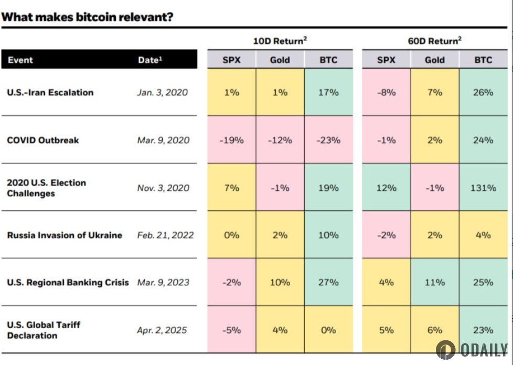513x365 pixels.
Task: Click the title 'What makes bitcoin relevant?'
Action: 87,17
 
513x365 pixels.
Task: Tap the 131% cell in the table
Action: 483,188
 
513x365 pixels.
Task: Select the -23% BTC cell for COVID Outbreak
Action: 328,140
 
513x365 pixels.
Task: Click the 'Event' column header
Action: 20,60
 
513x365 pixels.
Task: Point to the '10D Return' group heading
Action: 280,40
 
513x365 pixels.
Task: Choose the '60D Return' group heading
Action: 434,40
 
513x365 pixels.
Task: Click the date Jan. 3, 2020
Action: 162,92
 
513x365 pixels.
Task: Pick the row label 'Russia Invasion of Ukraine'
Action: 65,235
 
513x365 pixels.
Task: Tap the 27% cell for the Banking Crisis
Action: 328,282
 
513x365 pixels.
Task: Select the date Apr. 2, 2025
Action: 163,330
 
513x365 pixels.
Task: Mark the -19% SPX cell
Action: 231,140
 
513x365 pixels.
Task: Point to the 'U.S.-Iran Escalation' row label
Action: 50,92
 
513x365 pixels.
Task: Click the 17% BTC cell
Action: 328,92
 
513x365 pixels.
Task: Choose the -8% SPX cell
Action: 386,92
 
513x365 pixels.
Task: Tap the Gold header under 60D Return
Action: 434,60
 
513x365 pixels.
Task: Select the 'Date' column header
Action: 150,60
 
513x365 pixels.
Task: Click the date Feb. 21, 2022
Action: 165,235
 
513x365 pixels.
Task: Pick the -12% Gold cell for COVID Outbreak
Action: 280,140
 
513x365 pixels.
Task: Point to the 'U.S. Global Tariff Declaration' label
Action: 44,330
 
